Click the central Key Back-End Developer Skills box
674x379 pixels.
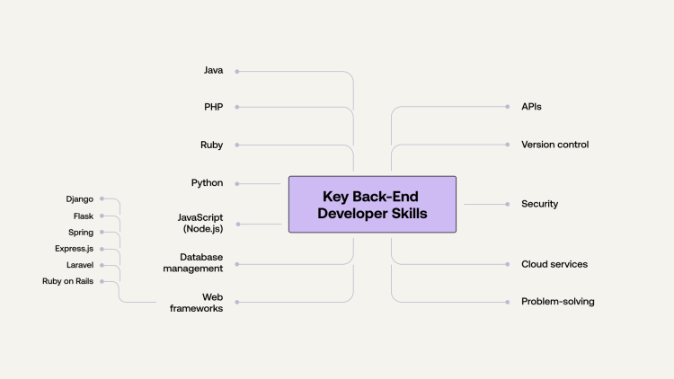point(372,205)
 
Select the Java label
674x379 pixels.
point(213,70)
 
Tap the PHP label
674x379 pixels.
point(213,107)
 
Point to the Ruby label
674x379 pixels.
point(212,145)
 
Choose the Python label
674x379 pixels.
point(207,183)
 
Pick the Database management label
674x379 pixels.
point(200,262)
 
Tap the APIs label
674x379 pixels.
point(531,107)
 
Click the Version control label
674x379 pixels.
point(554,145)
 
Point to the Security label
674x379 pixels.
point(539,204)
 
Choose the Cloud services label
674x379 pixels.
point(554,264)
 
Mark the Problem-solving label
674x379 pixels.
point(557,302)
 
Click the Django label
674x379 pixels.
point(79,198)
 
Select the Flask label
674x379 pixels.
point(83,216)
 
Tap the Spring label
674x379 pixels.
point(81,232)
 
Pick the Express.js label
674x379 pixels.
point(74,249)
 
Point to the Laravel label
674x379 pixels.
point(79,265)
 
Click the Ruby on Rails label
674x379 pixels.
point(67,281)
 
